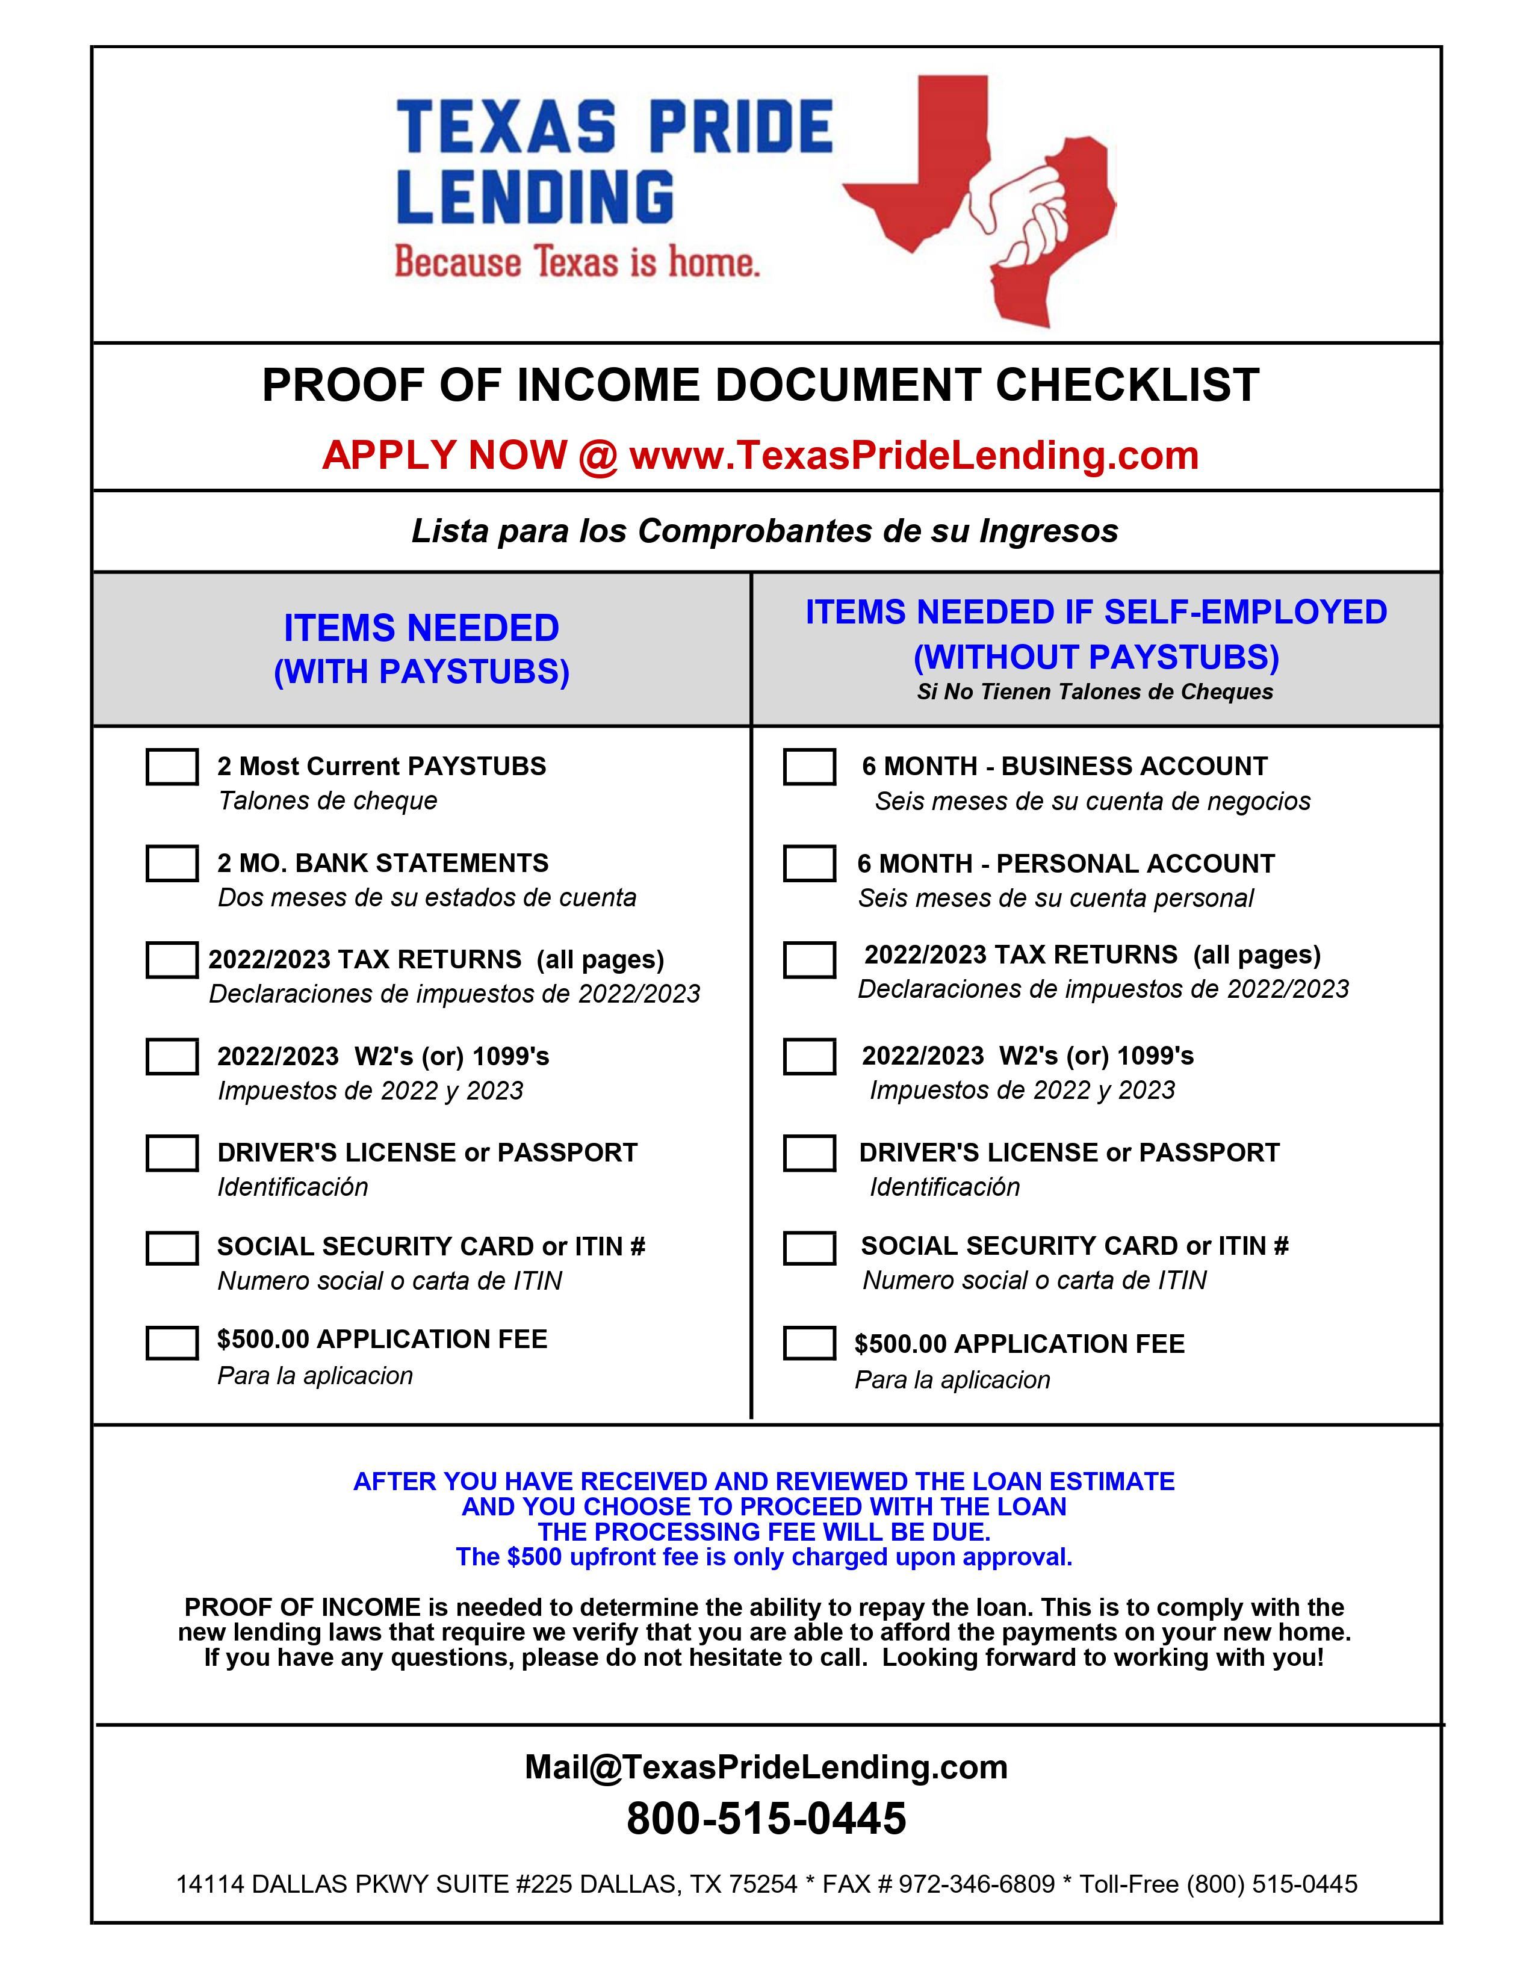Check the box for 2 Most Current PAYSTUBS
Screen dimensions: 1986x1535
[172, 767]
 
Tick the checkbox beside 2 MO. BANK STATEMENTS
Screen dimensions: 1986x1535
[172, 863]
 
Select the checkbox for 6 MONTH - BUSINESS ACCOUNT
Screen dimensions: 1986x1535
[809, 767]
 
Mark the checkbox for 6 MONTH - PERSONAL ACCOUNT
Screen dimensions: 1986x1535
[809, 863]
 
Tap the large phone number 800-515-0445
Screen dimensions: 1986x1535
[766, 1819]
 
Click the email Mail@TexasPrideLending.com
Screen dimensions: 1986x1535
[766, 1767]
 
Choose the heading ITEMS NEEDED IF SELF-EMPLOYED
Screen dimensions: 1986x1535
[1096, 612]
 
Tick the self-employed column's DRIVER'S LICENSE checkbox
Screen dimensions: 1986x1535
[809, 1153]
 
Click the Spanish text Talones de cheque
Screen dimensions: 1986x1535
[327, 801]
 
